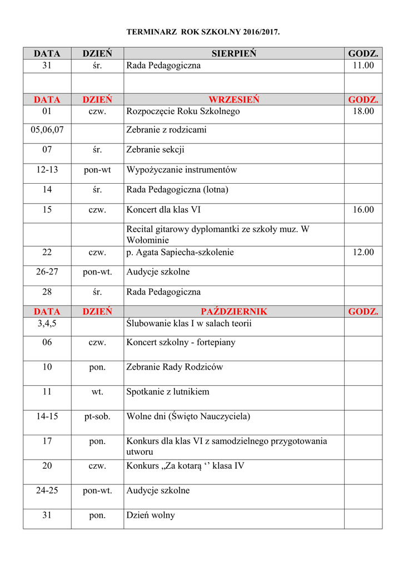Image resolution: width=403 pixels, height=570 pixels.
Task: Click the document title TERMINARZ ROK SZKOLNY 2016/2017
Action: [203, 33]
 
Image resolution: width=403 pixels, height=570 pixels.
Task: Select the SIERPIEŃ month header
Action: [233, 53]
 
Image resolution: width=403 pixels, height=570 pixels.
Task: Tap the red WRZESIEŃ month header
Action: [233, 100]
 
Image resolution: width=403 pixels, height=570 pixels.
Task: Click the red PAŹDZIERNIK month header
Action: [233, 312]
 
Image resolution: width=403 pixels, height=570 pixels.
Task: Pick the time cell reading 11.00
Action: [363, 66]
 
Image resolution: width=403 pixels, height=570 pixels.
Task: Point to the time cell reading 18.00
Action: [363, 111]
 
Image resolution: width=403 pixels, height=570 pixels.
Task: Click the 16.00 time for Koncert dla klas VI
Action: [363, 210]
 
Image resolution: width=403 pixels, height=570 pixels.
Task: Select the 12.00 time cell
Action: [363, 252]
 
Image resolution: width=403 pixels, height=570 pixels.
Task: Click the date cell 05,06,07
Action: [47, 130]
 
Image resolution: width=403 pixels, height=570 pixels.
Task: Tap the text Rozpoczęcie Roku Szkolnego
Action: [183, 111]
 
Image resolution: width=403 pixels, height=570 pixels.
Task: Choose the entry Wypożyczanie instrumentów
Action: [181, 170]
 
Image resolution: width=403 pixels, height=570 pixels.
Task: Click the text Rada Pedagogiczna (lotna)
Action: [177, 189]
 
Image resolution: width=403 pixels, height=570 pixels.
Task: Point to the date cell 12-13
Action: [47, 170]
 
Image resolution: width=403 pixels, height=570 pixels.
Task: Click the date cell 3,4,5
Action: [47, 323]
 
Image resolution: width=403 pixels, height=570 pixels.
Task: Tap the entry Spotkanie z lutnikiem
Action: [168, 392]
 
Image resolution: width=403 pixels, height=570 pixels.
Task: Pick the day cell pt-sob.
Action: [97, 416]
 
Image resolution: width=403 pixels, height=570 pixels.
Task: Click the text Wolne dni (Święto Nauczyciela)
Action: [188, 416]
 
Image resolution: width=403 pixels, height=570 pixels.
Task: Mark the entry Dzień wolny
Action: [151, 515]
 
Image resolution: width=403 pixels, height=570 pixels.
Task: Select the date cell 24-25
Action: [47, 490]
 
